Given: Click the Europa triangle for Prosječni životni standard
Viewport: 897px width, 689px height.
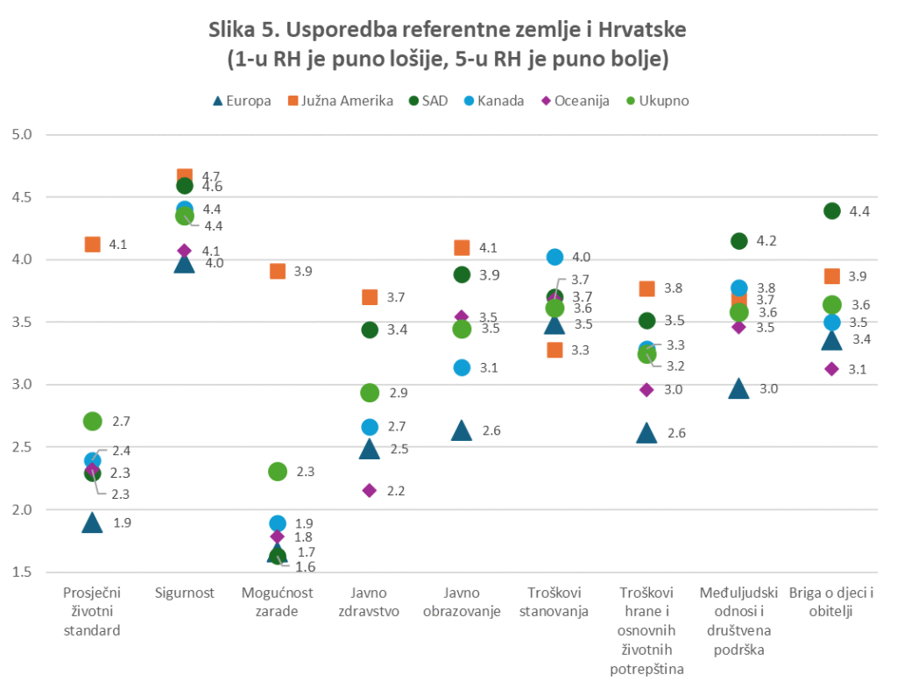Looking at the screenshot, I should [x=92, y=523].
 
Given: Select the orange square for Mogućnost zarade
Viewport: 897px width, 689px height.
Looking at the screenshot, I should [x=277, y=271].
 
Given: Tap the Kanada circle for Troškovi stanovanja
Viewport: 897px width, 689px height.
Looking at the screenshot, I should [x=554, y=257].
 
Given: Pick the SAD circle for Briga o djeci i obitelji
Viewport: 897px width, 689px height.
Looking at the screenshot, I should [x=832, y=210].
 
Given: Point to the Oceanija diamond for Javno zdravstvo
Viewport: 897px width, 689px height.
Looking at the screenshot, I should [x=370, y=490].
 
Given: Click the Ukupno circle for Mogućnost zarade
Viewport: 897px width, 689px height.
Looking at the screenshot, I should [x=277, y=472].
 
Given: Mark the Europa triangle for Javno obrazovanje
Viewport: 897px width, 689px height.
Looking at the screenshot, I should [x=463, y=430].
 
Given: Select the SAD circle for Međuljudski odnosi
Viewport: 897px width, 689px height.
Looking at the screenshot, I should [x=739, y=241].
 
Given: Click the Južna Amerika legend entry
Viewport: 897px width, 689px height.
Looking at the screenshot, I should [x=342, y=100].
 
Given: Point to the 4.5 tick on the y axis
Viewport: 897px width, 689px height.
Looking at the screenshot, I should [x=21, y=197].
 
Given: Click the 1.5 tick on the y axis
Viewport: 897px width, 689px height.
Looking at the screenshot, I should [x=21, y=572].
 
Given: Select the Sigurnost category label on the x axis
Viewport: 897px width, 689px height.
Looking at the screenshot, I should [x=184, y=593].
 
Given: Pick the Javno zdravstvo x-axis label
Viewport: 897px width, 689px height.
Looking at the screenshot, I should [x=369, y=602].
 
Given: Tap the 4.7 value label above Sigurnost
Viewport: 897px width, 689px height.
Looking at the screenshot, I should [x=212, y=175].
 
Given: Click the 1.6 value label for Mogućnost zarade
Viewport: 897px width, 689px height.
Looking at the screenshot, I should [x=305, y=566].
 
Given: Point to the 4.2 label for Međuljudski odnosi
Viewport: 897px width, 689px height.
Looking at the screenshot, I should [x=767, y=241].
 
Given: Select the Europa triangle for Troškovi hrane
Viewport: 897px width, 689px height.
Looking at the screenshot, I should [x=647, y=433].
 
